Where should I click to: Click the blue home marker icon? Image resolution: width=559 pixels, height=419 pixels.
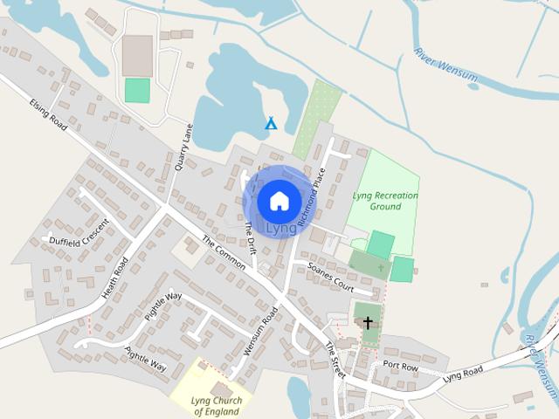(x=279, y=201)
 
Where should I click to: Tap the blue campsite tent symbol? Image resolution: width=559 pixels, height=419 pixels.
(x=271, y=124)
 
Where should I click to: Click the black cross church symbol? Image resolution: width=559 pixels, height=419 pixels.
(x=368, y=323)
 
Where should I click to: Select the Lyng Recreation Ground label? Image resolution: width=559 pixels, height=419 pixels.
(x=385, y=201)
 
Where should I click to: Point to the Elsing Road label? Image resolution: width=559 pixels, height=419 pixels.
(x=47, y=113)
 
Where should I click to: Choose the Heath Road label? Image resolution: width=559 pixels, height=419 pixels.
(x=114, y=278)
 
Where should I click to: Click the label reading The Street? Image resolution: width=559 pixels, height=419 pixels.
(x=335, y=361)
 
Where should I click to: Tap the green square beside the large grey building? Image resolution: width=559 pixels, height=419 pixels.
(x=137, y=90)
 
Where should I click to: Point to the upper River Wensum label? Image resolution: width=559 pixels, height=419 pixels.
(x=446, y=65)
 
